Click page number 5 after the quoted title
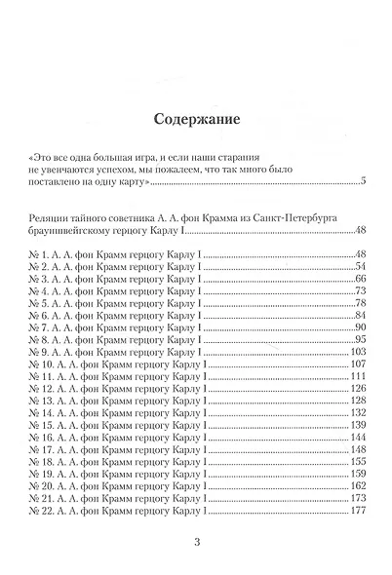tap(361, 180)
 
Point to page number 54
tap(358, 267)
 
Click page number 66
tap(358, 279)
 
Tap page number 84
tap(358, 315)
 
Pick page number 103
tap(356, 352)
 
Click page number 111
tap(356, 376)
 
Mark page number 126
tap(356, 388)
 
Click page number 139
tap(356, 425)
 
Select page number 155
tap(356, 461)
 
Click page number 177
tap(356, 510)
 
